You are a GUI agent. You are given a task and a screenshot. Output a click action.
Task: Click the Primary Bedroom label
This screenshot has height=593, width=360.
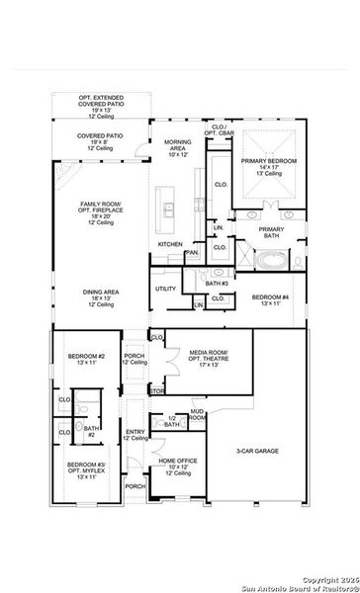tap(271, 167)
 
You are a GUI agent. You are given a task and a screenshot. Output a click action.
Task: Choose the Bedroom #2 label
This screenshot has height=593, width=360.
tap(86, 359)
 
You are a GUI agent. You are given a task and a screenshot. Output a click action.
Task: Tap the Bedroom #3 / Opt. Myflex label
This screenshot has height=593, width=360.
tap(86, 470)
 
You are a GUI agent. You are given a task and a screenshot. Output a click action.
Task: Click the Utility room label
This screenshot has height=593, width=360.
tap(165, 289)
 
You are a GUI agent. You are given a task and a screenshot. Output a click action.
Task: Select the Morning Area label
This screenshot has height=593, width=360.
tap(178, 148)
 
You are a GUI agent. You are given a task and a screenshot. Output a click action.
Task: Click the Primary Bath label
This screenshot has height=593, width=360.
tap(271, 232)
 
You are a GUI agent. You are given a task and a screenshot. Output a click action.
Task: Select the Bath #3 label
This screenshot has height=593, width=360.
tap(218, 284)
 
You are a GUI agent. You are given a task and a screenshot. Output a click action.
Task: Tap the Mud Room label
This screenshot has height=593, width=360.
tap(198, 414)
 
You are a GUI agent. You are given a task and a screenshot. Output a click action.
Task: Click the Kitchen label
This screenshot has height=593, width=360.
tap(169, 244)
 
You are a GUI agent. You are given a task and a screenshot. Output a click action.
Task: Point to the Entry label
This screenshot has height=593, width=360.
tap(135, 435)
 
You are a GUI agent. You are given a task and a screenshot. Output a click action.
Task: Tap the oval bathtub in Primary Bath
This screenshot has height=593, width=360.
tap(271, 260)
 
